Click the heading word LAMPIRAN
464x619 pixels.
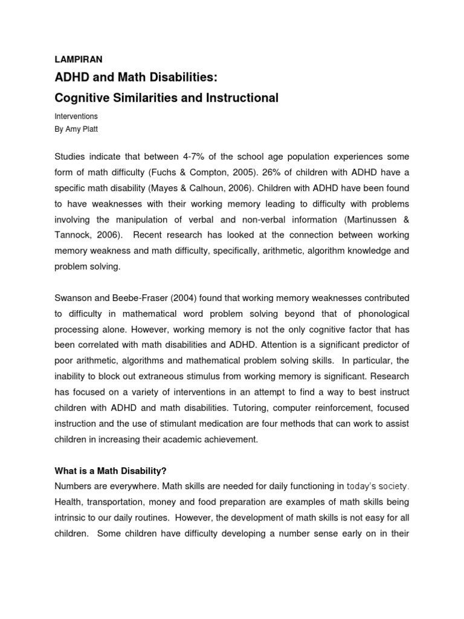point(79,59)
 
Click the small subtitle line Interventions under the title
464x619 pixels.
point(76,115)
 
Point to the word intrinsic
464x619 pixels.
point(71,517)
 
